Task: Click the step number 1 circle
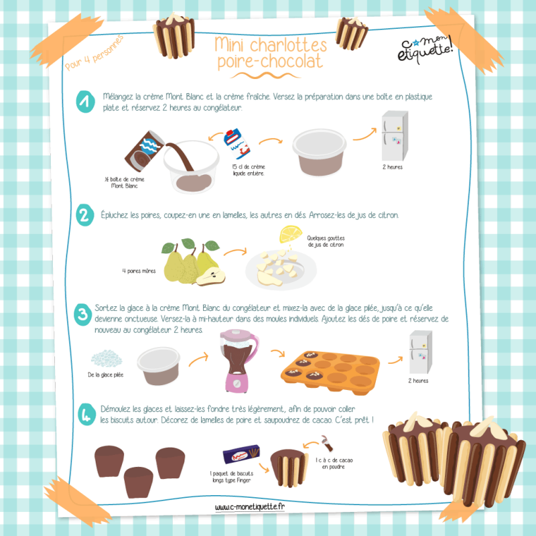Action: (85, 102)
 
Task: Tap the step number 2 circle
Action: (85, 215)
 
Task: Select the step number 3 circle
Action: (82, 314)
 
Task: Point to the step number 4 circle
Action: (87, 414)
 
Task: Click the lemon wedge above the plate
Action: (291, 234)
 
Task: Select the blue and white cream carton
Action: (237, 144)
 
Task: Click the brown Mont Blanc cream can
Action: (143, 151)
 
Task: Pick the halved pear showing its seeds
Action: (211, 277)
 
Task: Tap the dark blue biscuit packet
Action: (241, 454)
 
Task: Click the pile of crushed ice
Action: (107, 358)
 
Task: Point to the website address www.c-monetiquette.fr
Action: (249, 507)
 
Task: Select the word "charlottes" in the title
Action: (288, 46)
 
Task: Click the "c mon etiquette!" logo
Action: (425, 49)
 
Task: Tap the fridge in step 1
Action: (395, 136)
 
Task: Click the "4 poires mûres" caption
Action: (139, 271)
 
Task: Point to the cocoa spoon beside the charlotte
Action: (326, 444)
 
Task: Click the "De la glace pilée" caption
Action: (106, 375)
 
